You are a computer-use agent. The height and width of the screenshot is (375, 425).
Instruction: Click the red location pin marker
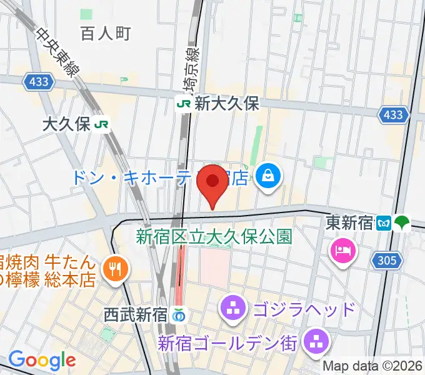(x=212, y=182)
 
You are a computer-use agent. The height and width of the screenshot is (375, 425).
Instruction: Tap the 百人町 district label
(x=106, y=34)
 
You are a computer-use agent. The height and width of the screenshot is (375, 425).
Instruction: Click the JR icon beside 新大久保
(x=184, y=104)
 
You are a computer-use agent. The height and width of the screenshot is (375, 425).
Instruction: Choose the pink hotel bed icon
(x=344, y=251)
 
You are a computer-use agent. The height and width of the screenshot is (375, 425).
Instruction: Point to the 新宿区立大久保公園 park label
(x=214, y=237)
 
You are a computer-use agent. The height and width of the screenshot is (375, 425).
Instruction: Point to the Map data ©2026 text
(x=372, y=366)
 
